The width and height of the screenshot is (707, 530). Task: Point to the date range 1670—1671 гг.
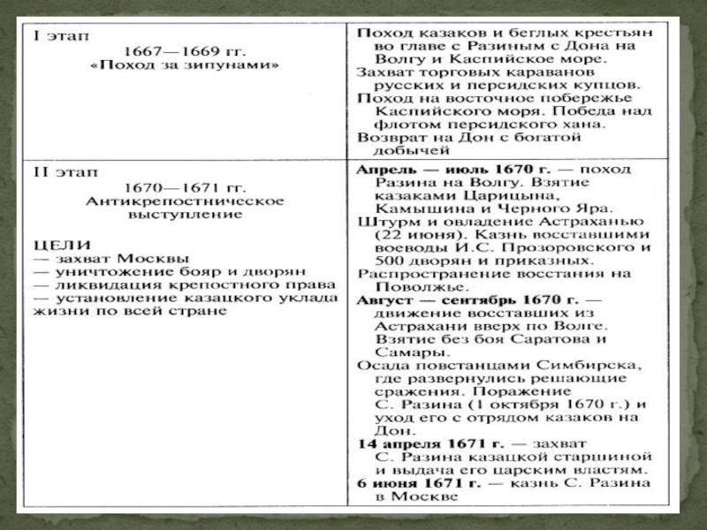(185, 187)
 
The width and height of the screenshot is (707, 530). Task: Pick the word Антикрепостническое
(185, 201)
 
